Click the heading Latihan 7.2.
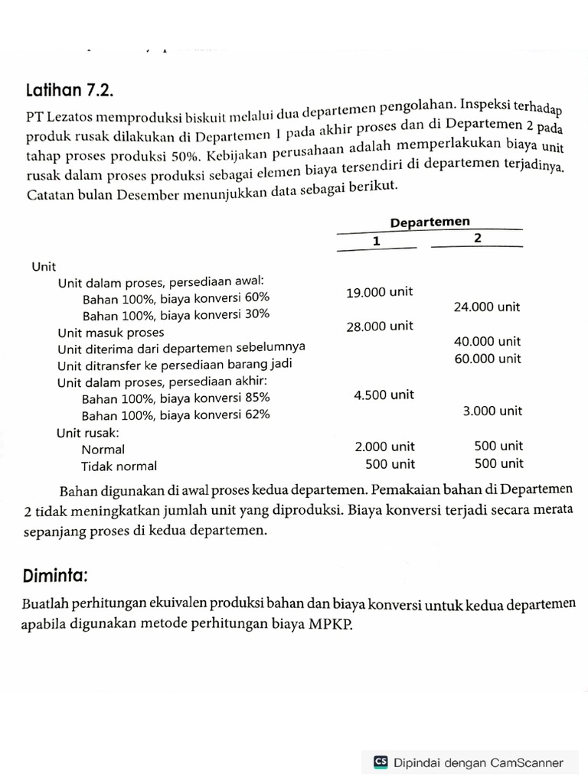[x=70, y=91]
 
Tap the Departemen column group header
[x=430, y=222]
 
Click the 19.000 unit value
[x=379, y=291]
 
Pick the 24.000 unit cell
[x=487, y=307]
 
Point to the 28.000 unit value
[x=379, y=326]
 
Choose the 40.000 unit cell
[x=487, y=341]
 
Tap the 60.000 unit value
[x=487, y=359]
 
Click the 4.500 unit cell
[x=384, y=395]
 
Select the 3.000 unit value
[x=492, y=411]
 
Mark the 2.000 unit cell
[x=384, y=446]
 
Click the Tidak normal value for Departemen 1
[x=390, y=463]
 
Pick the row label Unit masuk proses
[x=110, y=333]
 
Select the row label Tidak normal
[x=119, y=466]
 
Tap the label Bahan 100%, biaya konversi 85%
[x=175, y=398]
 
